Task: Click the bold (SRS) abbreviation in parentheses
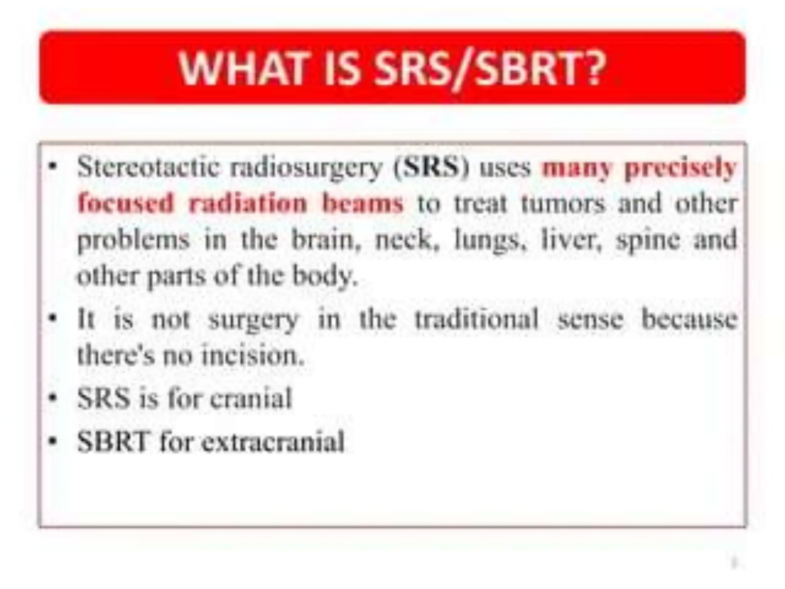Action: (x=432, y=167)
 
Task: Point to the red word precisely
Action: (x=680, y=168)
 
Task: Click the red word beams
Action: (x=363, y=203)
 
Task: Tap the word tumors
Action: (x=563, y=203)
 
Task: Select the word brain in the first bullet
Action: (x=326, y=239)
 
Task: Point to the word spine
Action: (x=648, y=240)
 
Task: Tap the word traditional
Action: (x=477, y=319)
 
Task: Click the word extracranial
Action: (x=273, y=441)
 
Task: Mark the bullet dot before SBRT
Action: (x=53, y=441)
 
